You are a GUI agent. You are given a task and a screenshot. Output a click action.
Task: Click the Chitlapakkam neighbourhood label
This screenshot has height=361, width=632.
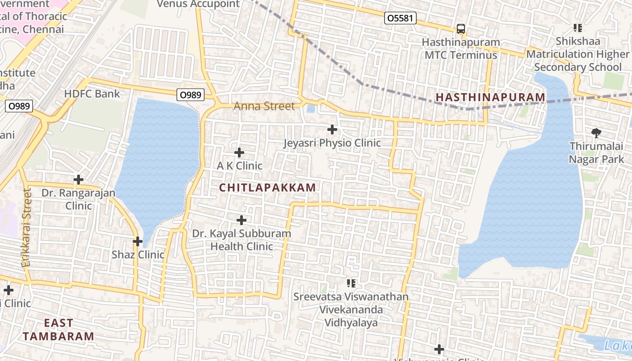click(268, 188)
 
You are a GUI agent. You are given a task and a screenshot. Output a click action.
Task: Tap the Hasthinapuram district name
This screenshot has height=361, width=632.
click(490, 97)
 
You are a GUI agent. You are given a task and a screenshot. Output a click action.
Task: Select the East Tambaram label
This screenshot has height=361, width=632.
click(59, 330)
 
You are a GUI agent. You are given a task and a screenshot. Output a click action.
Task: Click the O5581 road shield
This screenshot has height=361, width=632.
click(400, 19)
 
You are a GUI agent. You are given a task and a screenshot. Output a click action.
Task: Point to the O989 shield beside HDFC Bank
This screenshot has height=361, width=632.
click(190, 95)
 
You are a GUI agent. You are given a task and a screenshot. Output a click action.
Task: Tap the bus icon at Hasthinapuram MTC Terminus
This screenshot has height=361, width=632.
click(460, 29)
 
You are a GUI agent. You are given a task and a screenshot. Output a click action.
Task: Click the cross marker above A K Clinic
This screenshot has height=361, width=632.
click(239, 153)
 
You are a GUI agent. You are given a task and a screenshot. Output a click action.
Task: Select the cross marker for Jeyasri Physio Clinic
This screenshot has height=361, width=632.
click(332, 130)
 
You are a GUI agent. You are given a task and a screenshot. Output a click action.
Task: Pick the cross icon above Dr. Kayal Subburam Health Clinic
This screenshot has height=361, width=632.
click(242, 220)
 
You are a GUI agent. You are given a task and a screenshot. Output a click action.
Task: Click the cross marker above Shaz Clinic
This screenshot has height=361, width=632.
click(138, 241)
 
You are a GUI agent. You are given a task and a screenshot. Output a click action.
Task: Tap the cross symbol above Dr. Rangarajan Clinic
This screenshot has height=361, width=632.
click(79, 180)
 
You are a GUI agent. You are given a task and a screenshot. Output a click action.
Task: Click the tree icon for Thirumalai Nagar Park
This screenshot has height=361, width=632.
click(596, 133)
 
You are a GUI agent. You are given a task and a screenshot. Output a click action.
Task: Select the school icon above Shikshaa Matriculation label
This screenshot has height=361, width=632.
click(577, 28)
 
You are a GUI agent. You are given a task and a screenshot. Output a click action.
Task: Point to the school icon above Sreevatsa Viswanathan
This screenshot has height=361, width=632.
click(351, 283)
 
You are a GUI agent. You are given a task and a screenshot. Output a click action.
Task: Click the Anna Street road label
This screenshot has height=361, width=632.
click(264, 106)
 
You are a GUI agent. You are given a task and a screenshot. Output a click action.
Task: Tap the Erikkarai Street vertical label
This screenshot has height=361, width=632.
click(27, 228)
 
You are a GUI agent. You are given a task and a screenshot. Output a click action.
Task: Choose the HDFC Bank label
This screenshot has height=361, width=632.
click(92, 94)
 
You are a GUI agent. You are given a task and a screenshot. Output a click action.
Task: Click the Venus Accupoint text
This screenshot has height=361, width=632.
click(198, 4)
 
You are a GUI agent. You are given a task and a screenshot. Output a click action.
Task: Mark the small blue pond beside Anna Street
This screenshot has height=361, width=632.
click(311, 109)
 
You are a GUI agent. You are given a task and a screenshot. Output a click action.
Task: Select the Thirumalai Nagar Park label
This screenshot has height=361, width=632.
click(596, 153)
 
